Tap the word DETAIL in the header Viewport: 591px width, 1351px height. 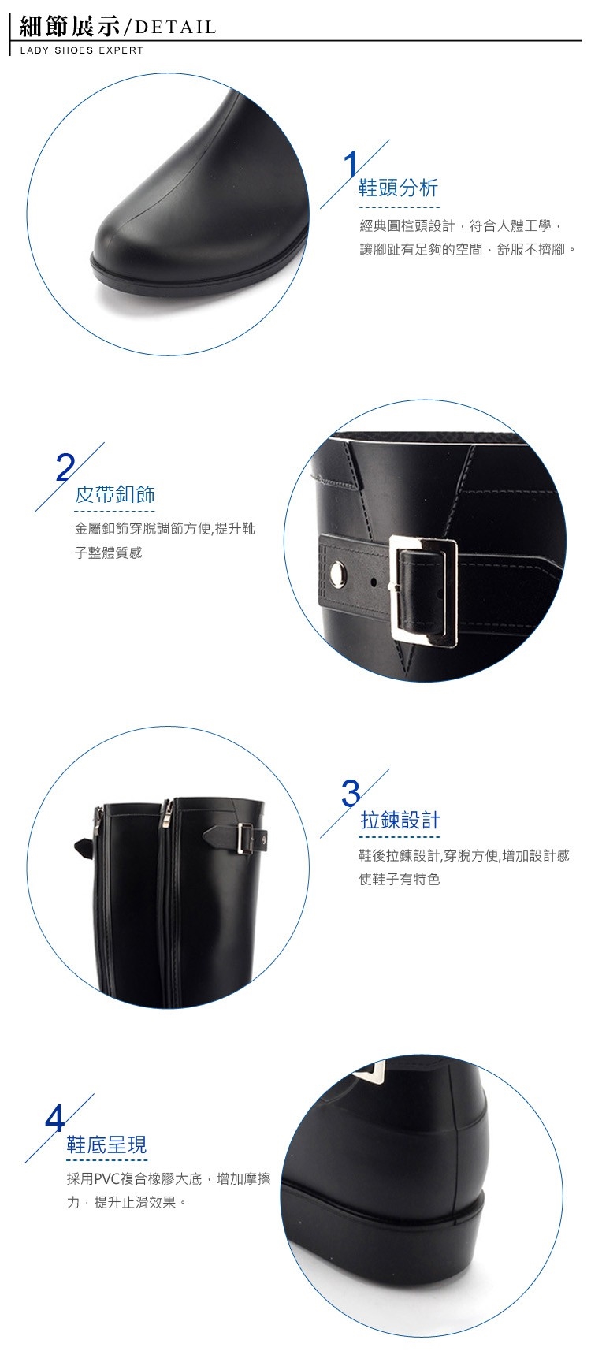(x=175, y=27)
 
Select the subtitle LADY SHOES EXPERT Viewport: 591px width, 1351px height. (x=82, y=50)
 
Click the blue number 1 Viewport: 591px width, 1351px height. (x=351, y=164)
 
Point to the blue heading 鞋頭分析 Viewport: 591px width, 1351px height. (x=398, y=188)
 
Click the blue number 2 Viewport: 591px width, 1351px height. (x=65, y=467)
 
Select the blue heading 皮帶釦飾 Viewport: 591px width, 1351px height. (x=114, y=494)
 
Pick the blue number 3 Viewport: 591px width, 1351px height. (x=351, y=794)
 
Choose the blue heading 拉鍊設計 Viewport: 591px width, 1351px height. (x=400, y=821)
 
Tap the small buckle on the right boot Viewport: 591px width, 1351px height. (x=243, y=839)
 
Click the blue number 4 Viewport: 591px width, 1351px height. (x=55, y=1119)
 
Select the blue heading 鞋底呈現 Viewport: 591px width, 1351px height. (x=106, y=1144)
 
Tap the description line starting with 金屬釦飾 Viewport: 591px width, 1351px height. (x=165, y=529)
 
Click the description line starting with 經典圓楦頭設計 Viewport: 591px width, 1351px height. (x=461, y=226)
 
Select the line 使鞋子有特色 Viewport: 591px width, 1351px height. (x=400, y=880)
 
